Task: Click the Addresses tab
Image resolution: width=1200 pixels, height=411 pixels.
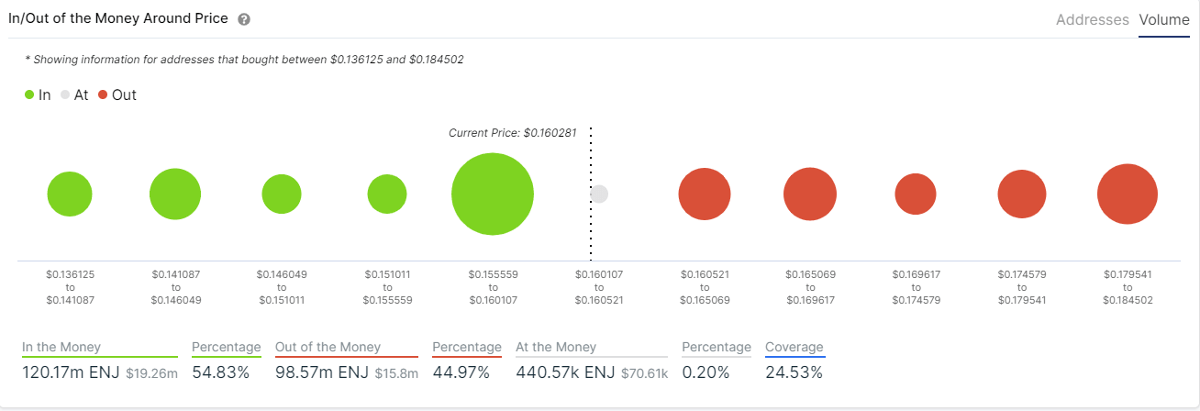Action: (x=1092, y=19)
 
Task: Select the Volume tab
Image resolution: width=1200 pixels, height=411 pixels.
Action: (x=1163, y=19)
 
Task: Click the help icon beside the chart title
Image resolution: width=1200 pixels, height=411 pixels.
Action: (x=244, y=19)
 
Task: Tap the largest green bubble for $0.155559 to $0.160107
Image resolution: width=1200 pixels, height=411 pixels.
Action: (x=493, y=194)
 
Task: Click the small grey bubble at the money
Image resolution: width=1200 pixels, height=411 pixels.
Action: (x=599, y=194)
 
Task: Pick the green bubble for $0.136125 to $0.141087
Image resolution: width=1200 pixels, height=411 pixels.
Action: (x=70, y=194)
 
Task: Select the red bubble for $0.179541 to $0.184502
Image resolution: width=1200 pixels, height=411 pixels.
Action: (x=1127, y=194)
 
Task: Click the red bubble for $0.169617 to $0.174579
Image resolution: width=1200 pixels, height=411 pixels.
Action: (x=916, y=194)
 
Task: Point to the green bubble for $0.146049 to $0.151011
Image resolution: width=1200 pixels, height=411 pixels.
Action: (x=282, y=194)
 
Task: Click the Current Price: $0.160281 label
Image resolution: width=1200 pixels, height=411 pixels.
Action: (x=512, y=133)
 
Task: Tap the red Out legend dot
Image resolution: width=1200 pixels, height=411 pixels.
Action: (x=103, y=94)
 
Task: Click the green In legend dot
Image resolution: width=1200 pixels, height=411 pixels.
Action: (x=29, y=94)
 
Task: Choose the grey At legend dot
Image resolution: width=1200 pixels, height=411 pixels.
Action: (x=65, y=94)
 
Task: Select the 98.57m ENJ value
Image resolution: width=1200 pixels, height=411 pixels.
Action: (x=321, y=372)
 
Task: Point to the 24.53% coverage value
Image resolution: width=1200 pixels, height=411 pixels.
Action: (x=794, y=372)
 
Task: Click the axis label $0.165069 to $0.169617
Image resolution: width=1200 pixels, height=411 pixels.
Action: (x=810, y=287)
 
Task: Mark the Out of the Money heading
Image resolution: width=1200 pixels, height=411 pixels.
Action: (x=328, y=347)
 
